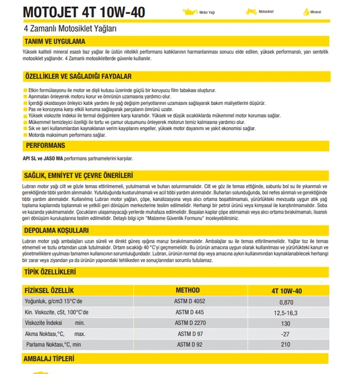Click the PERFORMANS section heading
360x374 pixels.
coord(46,145)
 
